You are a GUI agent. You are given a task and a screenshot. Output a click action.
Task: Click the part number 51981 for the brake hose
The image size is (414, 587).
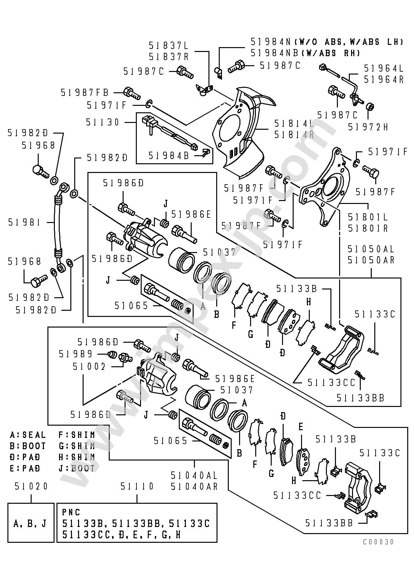point(25,222)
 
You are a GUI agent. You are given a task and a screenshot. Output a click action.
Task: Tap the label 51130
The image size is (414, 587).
point(103,122)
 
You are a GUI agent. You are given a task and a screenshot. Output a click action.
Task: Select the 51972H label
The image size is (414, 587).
point(368,127)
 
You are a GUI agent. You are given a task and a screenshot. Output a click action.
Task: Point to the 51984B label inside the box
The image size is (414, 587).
point(169,156)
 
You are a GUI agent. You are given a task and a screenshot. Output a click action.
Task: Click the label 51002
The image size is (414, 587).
point(89,367)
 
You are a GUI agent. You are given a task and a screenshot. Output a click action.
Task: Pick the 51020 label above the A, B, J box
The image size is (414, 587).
point(31,486)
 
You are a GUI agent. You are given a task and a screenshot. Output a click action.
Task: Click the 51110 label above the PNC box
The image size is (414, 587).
point(137,486)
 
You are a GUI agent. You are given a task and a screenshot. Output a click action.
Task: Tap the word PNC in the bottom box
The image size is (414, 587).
point(71,512)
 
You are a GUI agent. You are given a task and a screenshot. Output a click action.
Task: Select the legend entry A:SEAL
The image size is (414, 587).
point(28,435)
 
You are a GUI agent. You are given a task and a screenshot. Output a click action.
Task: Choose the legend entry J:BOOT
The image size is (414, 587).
point(77,468)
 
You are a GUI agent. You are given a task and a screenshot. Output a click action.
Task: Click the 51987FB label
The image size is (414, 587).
point(85,93)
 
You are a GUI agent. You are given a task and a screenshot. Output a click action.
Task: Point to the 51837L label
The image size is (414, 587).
point(169,45)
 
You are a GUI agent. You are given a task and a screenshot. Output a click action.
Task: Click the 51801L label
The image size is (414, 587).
point(368,217)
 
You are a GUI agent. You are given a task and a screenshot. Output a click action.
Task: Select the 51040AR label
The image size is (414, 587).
point(194,486)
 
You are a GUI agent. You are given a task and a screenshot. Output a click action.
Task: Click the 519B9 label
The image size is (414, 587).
point(76,354)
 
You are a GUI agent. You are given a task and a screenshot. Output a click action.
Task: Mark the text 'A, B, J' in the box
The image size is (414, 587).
point(31,523)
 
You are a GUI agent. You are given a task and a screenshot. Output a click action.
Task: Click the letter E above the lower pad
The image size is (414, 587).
point(300,427)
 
